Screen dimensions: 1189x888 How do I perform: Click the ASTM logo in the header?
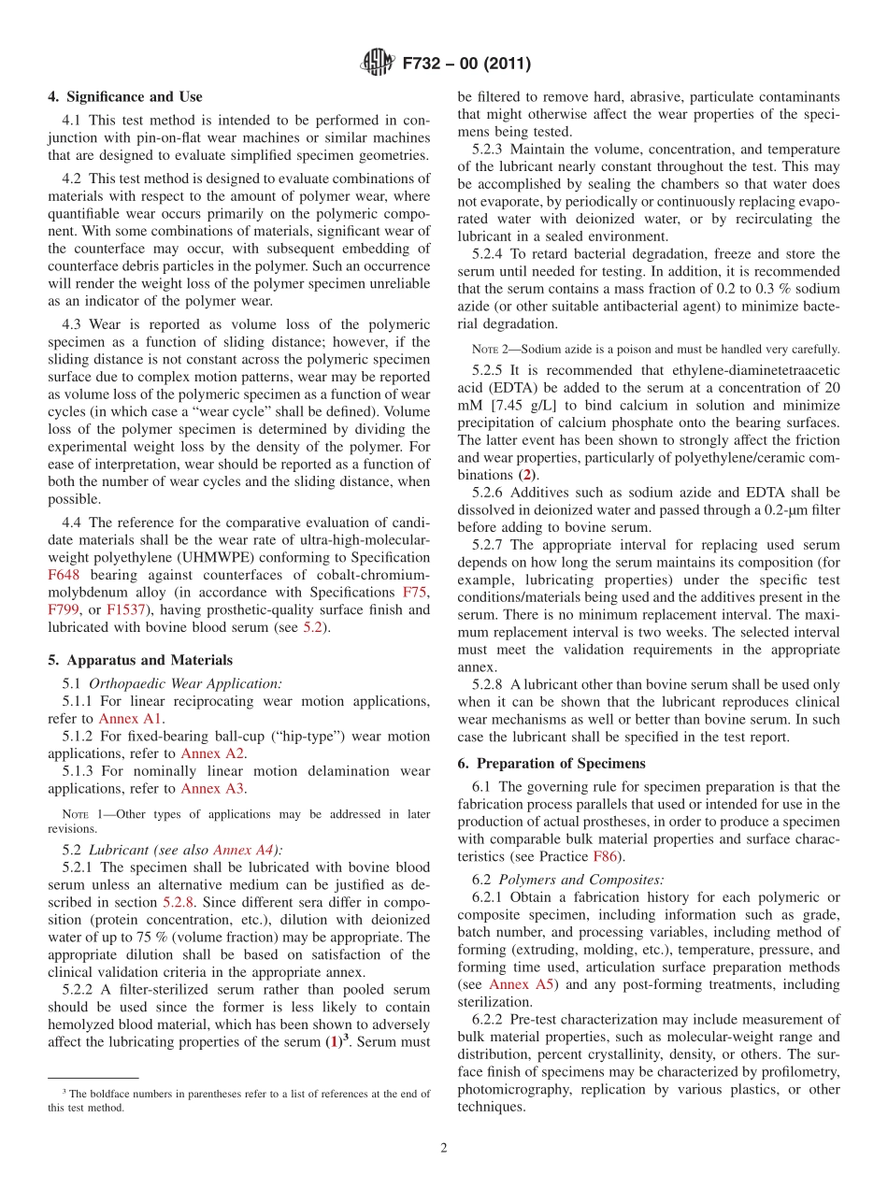click(x=378, y=64)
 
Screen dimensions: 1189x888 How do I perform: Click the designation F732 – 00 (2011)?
click(x=466, y=64)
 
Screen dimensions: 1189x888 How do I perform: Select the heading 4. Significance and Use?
click(x=124, y=96)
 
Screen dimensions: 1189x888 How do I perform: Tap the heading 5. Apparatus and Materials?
click(x=139, y=660)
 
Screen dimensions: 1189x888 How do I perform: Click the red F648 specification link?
click(x=64, y=575)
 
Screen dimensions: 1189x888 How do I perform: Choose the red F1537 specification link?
click(x=126, y=609)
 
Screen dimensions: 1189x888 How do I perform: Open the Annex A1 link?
click(x=143, y=719)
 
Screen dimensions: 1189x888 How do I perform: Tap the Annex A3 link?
click(x=213, y=788)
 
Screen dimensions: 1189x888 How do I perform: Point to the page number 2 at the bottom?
click(x=444, y=1148)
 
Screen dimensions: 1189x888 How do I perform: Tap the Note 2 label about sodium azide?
click(x=490, y=349)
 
